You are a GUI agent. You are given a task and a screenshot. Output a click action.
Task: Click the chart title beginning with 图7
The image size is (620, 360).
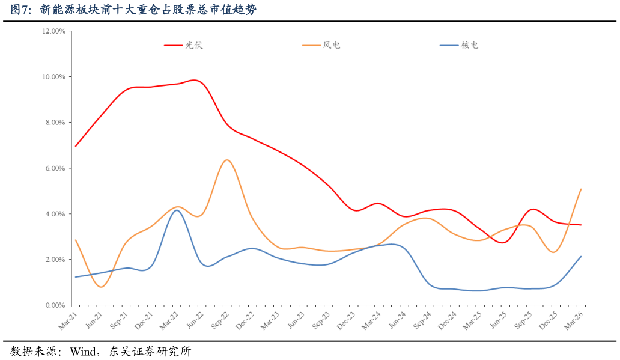pyautogui.click(x=133, y=9)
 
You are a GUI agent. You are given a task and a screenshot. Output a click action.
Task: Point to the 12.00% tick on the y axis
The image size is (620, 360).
pyautogui.click(x=53, y=31)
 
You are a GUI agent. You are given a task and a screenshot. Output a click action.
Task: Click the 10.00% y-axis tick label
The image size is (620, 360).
pyautogui.click(x=53, y=76)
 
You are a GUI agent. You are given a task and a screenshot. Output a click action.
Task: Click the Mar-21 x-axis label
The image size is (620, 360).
pyautogui.click(x=68, y=320)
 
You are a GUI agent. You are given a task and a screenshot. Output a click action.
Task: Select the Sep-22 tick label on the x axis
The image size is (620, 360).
pyautogui.click(x=219, y=320)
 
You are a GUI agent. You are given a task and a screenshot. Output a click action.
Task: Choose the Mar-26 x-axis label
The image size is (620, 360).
pyautogui.click(x=573, y=320)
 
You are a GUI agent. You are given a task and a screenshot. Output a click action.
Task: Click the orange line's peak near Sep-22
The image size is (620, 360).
pyautogui.click(x=226, y=160)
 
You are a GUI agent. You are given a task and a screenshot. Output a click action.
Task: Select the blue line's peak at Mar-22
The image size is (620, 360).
pyautogui.click(x=176, y=210)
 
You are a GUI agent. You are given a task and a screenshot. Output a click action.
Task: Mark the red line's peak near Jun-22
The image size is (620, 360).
pyautogui.click(x=194, y=80)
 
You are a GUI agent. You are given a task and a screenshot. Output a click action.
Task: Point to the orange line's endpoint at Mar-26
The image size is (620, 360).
pyautogui.click(x=581, y=189)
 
